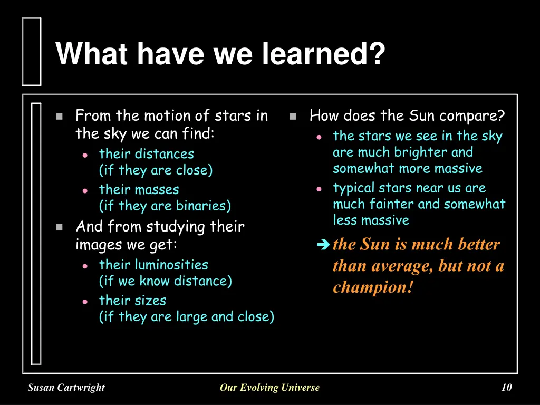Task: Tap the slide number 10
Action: [506, 388]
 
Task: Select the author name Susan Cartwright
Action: [66, 388]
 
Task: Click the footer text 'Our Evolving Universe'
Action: [269, 388]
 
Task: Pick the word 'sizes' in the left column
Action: [150, 301]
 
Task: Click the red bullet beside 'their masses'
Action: [85, 190]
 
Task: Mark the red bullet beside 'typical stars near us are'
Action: [319, 189]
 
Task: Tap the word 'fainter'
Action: [377, 204]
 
